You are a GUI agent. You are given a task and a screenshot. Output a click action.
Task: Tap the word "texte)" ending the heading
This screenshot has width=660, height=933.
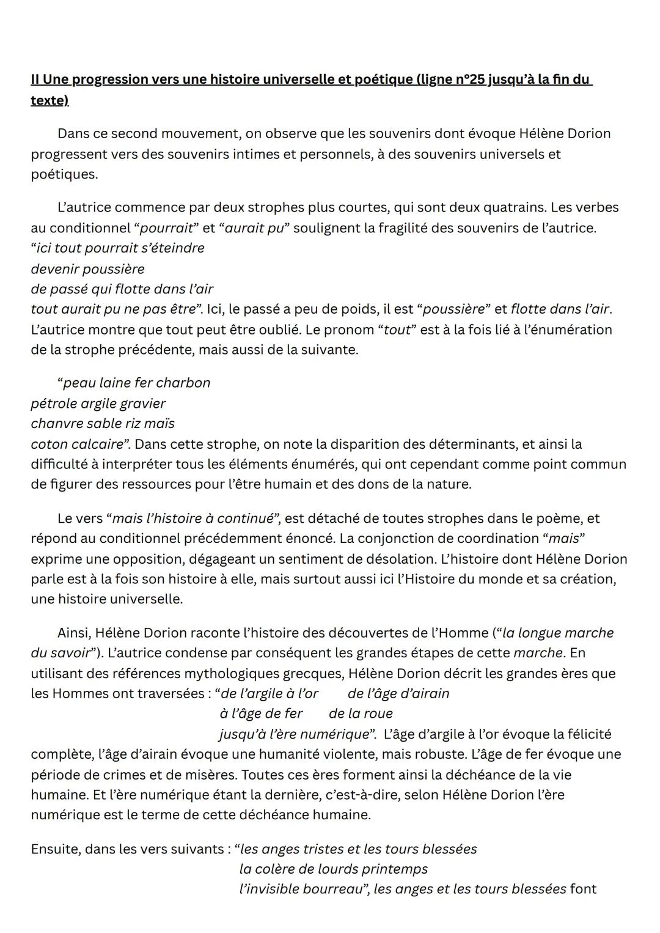coord(50,100)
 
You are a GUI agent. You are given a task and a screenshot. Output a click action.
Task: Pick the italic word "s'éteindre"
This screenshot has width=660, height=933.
coord(174,248)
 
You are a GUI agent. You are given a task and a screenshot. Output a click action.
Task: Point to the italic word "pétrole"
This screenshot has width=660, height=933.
coord(54,404)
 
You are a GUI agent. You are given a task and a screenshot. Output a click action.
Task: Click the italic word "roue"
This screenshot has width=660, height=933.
coord(378,714)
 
